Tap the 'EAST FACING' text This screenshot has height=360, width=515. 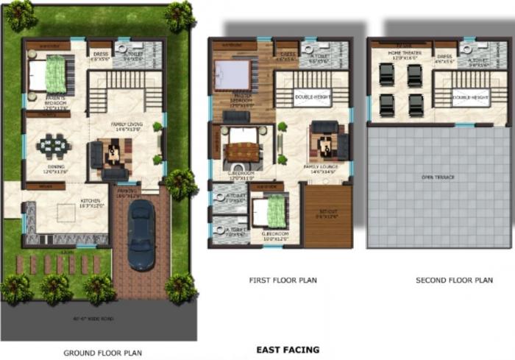(287, 350)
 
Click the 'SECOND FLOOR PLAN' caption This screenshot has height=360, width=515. (454, 280)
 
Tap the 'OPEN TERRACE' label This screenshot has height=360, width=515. (438, 177)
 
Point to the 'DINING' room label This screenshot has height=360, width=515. (56, 167)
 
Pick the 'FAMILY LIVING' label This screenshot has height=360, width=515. (127, 124)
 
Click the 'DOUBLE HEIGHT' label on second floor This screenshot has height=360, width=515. (471, 97)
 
